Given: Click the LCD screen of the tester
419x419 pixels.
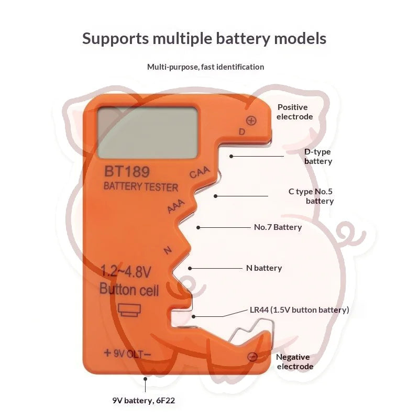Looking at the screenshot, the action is pyautogui.click(x=148, y=133).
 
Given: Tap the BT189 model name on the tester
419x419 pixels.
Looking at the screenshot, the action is pyautogui.click(x=127, y=172).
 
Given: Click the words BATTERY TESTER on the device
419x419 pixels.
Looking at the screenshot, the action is pyautogui.click(x=141, y=186).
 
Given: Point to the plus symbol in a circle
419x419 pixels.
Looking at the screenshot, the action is pyautogui.click(x=251, y=120).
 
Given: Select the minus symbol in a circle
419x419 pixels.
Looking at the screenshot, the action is pyautogui.click(x=252, y=357).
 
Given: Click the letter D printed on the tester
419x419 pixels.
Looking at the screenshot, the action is pyautogui.click(x=242, y=131).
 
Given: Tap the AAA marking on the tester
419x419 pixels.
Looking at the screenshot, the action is pyautogui.click(x=176, y=206).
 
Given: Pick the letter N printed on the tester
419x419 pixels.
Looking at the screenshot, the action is pyautogui.click(x=168, y=250).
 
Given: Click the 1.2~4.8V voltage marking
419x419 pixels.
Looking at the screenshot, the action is pyautogui.click(x=126, y=271).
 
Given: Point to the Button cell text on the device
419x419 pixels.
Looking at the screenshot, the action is pyautogui.click(x=129, y=290).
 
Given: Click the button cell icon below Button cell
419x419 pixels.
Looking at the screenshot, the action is pyautogui.click(x=129, y=310).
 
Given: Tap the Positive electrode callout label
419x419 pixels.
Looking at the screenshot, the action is pyautogui.click(x=294, y=112).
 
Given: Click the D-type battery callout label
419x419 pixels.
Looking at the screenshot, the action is pyautogui.click(x=318, y=156).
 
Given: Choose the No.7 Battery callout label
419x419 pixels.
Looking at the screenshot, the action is pyautogui.click(x=278, y=227).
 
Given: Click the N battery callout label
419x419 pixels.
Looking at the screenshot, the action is pyautogui.click(x=264, y=268).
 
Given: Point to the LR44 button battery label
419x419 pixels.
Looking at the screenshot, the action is pyautogui.click(x=300, y=310).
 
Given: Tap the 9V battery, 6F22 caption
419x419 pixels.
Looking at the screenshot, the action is pyautogui.click(x=144, y=401).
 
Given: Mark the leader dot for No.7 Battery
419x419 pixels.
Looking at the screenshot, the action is pyautogui.click(x=199, y=227).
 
